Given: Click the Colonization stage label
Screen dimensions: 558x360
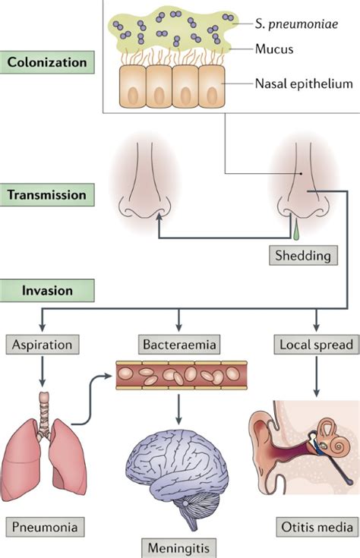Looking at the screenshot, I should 46,61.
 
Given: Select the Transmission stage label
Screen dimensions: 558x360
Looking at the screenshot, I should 46,194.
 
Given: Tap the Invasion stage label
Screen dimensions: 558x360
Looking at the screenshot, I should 46,290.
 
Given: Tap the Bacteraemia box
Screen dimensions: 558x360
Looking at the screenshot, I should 178,344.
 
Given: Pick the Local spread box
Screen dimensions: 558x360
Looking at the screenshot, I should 314,344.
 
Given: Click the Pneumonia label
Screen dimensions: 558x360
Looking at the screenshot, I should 43,525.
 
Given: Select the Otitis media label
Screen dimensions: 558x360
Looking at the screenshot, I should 314,525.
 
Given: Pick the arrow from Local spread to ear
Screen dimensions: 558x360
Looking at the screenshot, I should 314,376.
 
